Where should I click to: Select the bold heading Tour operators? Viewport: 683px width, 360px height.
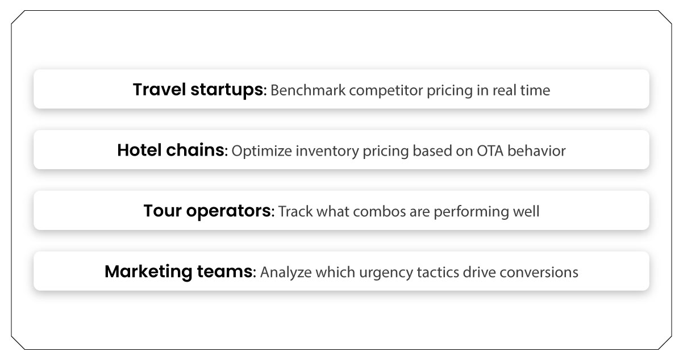click(x=207, y=211)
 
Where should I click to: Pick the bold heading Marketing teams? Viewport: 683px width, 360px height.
click(x=178, y=272)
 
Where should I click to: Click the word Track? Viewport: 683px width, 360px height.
click(x=293, y=212)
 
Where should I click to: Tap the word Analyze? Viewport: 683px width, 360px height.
click(x=282, y=273)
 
